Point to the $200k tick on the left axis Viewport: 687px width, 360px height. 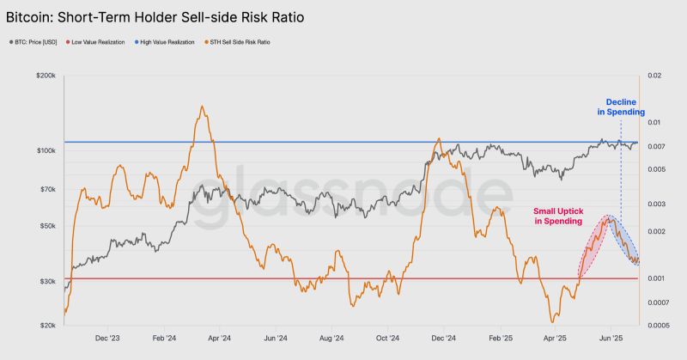tap(46, 76)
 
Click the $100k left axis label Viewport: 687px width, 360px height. tap(46, 151)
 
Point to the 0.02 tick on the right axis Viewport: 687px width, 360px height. tap(657, 76)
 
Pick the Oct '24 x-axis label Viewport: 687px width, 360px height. tap(388, 338)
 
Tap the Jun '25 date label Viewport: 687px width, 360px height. tap(610, 338)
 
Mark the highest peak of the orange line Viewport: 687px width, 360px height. tap(201, 107)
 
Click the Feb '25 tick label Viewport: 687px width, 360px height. tap(498, 338)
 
